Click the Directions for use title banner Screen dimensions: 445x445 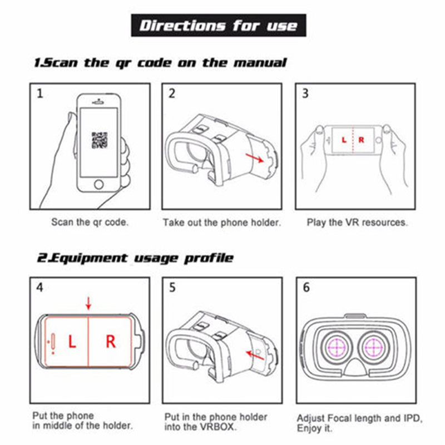(219, 25)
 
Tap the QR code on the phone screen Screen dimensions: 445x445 (100, 140)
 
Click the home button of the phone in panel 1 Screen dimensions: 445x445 (99, 185)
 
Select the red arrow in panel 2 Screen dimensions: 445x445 (255, 158)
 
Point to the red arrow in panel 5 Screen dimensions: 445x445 (255, 355)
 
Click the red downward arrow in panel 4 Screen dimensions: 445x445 (88, 303)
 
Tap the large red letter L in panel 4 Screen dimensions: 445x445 (72, 342)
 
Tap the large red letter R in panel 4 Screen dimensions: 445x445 (111, 342)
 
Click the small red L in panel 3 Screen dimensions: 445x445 (344, 140)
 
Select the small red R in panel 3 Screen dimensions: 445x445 (361, 140)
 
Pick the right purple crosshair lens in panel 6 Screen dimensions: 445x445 (374, 347)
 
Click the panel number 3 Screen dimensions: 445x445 (305, 93)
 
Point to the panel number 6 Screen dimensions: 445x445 (306, 288)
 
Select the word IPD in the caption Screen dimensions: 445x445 (412, 418)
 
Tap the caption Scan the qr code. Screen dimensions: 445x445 (90, 222)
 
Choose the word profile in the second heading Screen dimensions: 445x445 (209, 258)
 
